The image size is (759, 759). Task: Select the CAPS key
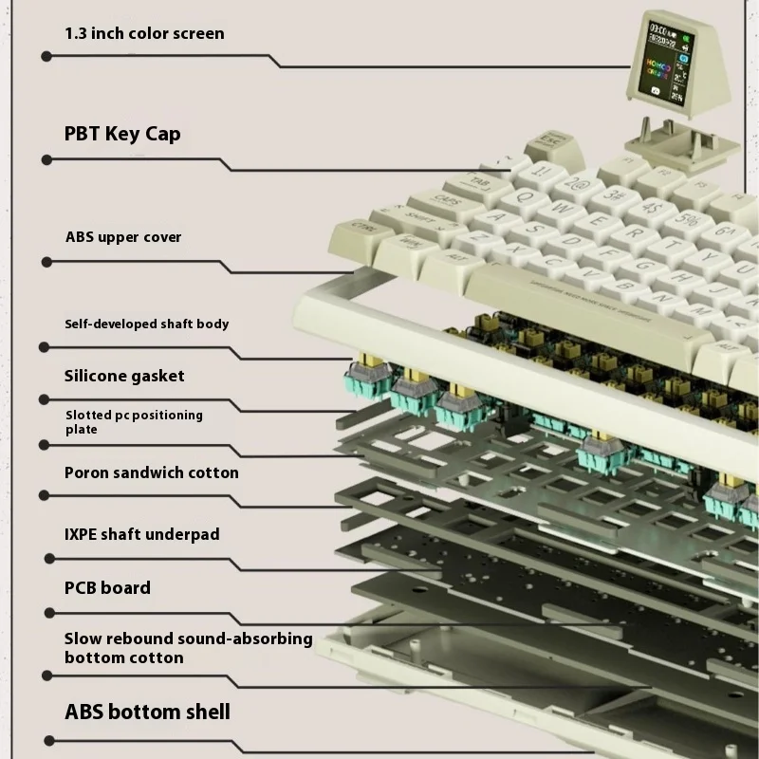443,201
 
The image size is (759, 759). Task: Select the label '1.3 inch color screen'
144,33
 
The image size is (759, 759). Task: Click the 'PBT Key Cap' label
122,134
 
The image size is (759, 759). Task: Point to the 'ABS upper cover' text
122,236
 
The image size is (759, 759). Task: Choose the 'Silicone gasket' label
124,376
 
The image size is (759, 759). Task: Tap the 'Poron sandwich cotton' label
151,472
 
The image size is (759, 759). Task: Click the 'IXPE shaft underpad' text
141,534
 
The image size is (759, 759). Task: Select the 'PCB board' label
107,588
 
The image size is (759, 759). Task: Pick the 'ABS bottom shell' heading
147,712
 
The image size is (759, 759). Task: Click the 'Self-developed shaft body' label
146,324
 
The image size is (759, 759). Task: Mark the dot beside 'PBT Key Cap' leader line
46,158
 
